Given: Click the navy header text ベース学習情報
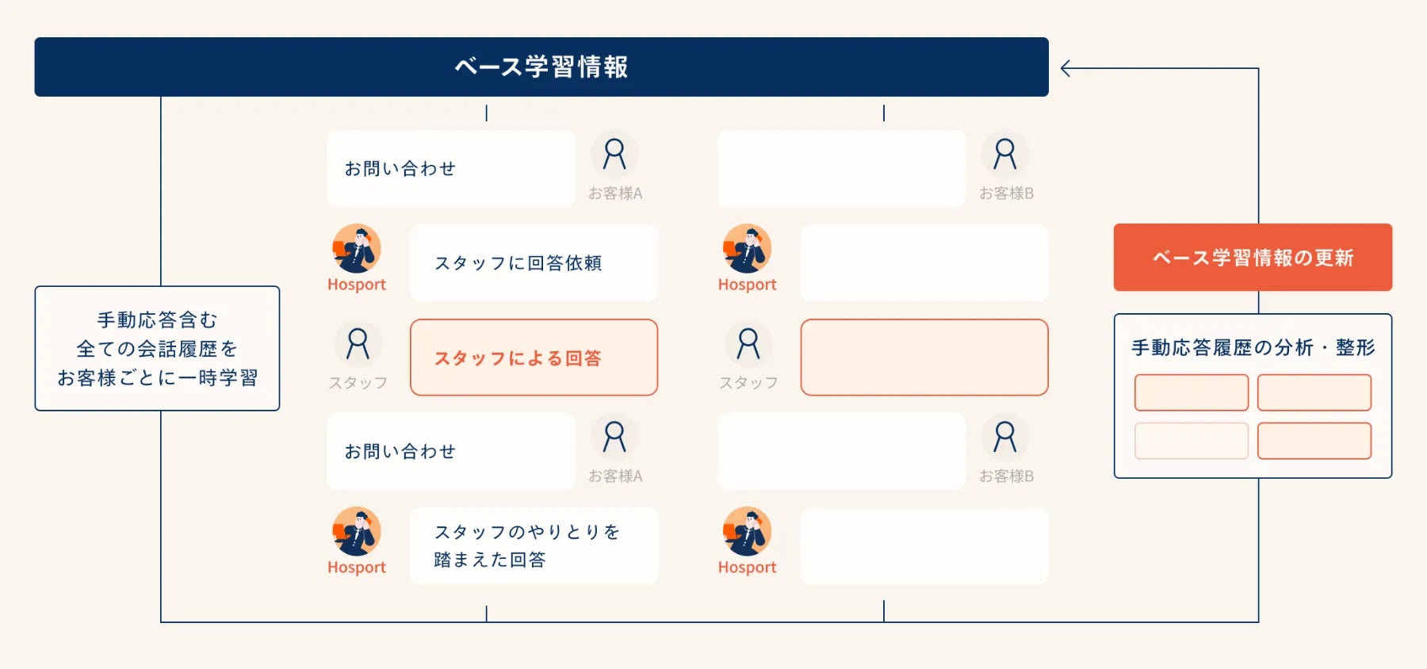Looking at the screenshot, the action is pyautogui.click(x=541, y=67).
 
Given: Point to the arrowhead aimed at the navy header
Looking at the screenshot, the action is pyautogui.click(x=1065, y=69).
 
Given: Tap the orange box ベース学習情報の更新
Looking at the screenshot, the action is pyautogui.click(x=1253, y=258).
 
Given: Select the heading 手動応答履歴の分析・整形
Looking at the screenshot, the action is pyautogui.click(x=1253, y=347).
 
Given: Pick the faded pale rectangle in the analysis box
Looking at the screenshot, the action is pyautogui.click(x=1191, y=441).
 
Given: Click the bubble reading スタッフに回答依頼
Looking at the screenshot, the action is pyautogui.click(x=534, y=262).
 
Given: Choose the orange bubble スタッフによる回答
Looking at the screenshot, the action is pyautogui.click(x=534, y=357).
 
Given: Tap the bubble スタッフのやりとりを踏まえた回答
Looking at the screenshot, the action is pyautogui.click(x=534, y=545).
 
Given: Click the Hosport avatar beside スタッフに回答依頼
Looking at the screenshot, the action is pyautogui.click(x=357, y=248).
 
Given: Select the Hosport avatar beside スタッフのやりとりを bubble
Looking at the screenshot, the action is pyautogui.click(x=357, y=531).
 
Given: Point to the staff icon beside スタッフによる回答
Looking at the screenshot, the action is pyautogui.click(x=358, y=344).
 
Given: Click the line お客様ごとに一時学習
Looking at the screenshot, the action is pyautogui.click(x=157, y=378).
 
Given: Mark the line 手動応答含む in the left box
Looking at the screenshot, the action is pyautogui.click(x=157, y=319).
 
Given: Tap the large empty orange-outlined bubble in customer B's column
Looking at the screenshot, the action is pyautogui.click(x=924, y=357).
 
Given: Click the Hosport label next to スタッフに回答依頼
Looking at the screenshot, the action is pyautogui.click(x=357, y=285).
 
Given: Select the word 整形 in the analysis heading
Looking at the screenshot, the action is pyautogui.click(x=1355, y=347).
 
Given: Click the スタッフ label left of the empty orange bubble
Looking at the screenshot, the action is pyautogui.click(x=748, y=383).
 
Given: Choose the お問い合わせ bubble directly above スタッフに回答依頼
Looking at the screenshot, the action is pyautogui.click(x=451, y=168).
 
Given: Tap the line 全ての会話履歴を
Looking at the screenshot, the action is pyautogui.click(x=157, y=349).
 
